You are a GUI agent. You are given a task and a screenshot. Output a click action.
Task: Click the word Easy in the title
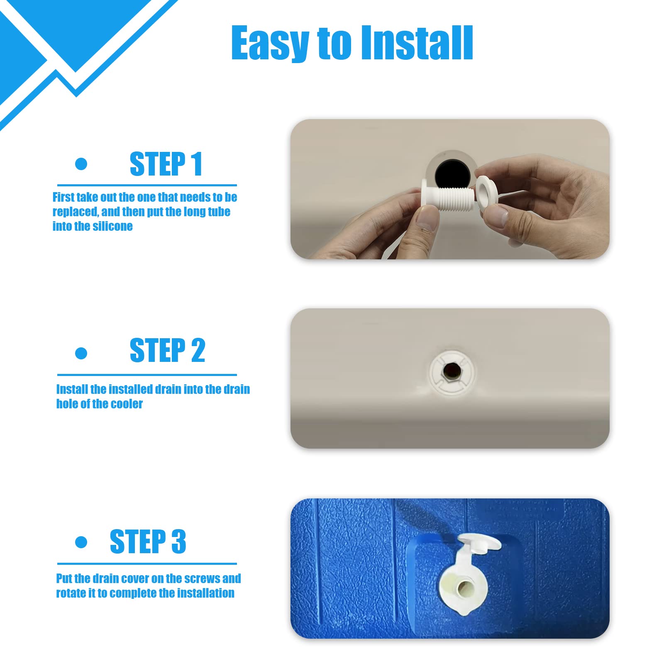[270, 43]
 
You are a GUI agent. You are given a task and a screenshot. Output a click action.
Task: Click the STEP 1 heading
[166, 164]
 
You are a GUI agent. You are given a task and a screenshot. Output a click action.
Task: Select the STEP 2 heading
[167, 350]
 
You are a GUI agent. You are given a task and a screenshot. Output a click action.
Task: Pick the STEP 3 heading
[148, 542]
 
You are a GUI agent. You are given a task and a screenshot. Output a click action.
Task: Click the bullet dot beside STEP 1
[81, 164]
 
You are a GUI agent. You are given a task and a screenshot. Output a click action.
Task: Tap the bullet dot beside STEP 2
[81, 353]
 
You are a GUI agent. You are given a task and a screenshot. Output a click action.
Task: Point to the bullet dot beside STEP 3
[81, 542]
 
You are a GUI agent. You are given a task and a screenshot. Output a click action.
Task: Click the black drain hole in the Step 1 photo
[452, 174]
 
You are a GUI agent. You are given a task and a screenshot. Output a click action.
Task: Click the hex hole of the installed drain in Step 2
[449, 371]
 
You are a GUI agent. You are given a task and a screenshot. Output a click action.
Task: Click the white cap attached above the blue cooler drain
[479, 544]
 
